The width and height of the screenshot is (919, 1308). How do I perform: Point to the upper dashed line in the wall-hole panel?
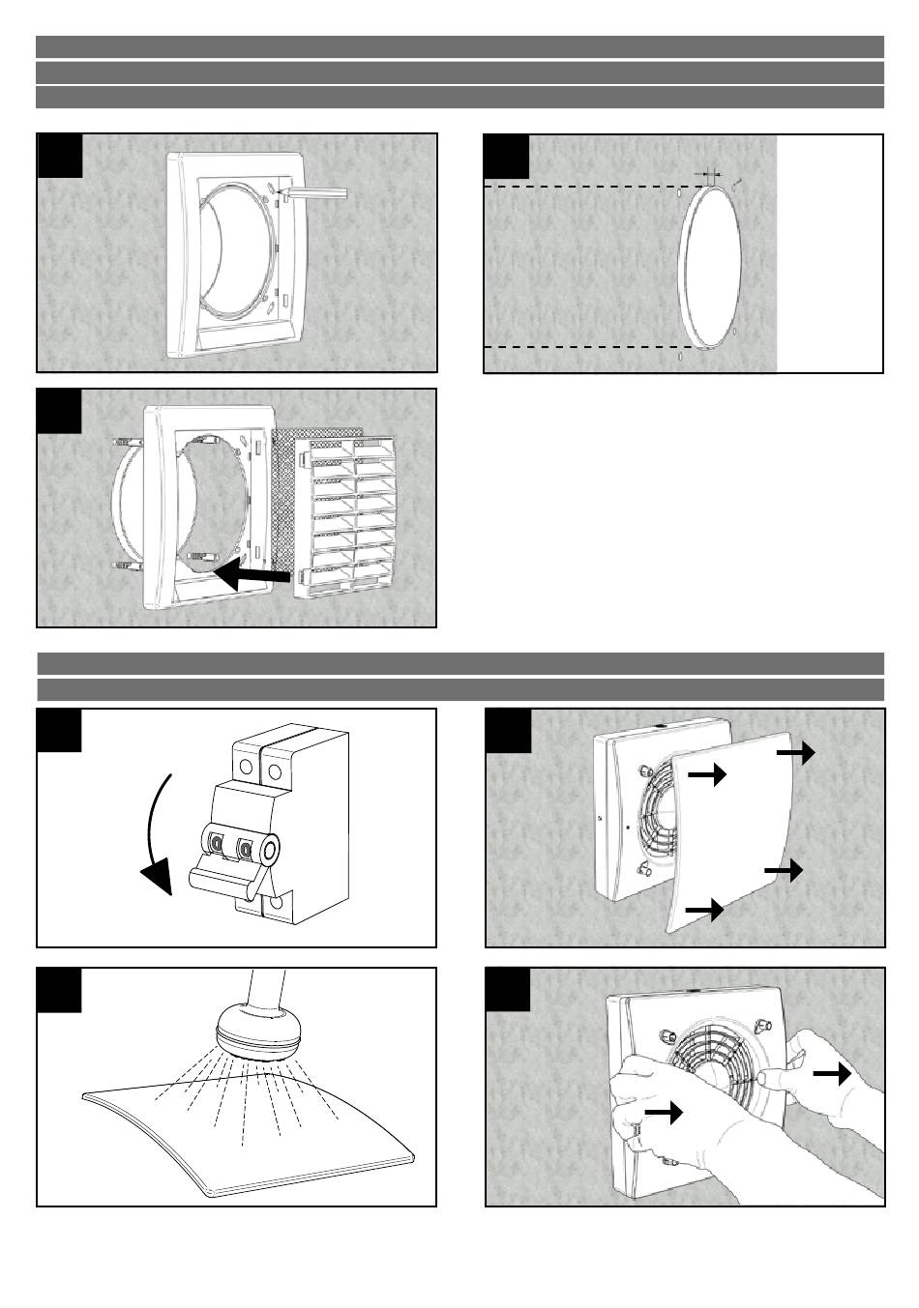580,187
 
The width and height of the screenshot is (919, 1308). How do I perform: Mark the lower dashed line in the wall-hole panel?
580,346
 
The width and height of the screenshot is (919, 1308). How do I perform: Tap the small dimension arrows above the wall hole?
711,173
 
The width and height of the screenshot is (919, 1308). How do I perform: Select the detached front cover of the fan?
735,831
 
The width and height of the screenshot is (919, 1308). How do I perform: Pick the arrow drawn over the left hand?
663,1114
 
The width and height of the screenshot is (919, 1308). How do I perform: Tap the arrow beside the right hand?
832,1073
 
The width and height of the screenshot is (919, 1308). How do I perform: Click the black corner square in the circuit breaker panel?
59,731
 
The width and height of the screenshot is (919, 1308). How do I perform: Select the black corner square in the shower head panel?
59,989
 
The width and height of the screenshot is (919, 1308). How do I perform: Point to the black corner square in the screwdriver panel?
59,156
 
